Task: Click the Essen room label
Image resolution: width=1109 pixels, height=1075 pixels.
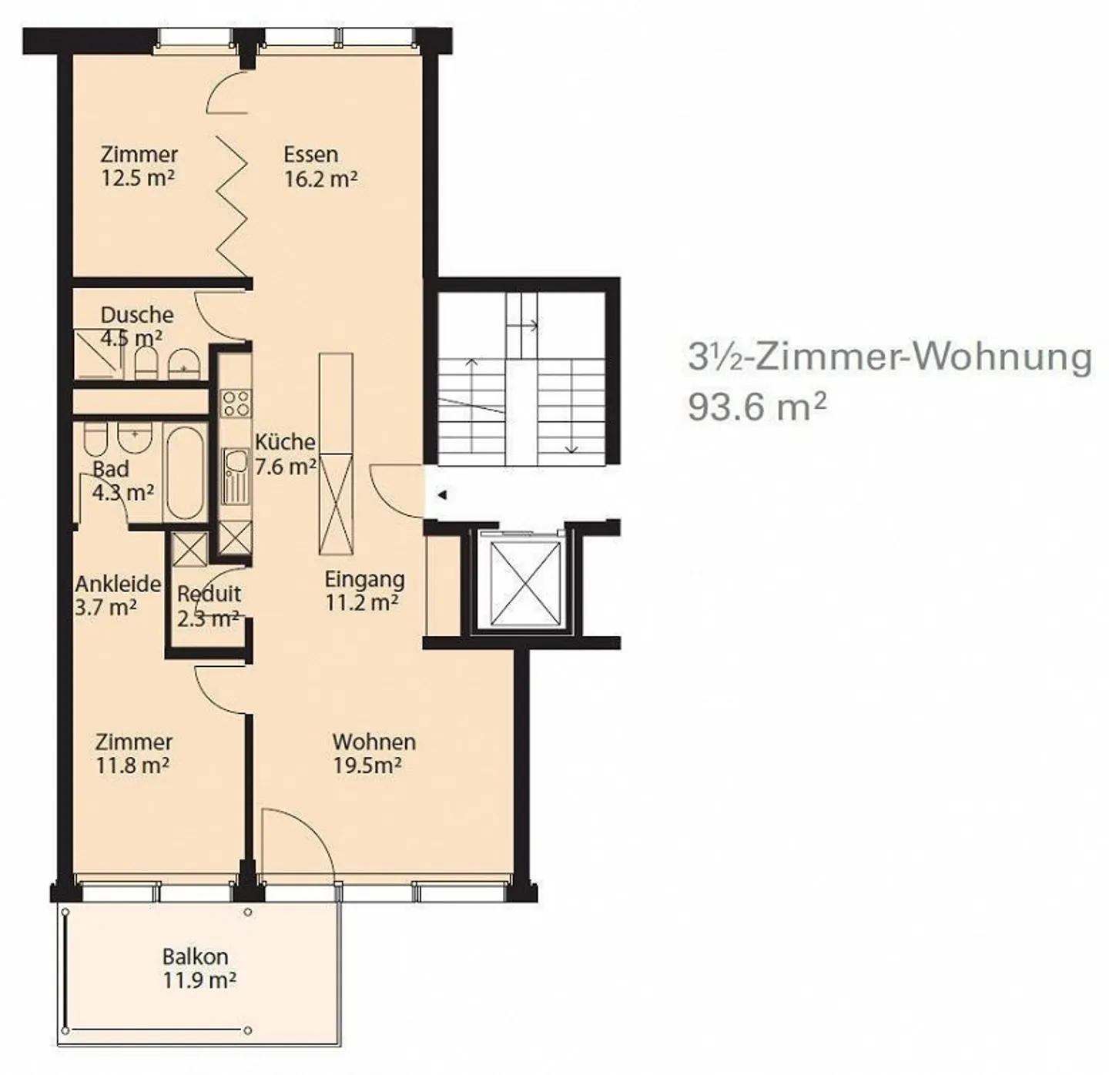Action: point(310,154)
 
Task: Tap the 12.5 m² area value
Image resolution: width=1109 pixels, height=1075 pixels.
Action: point(138,179)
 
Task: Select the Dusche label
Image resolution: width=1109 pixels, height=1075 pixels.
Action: point(137,315)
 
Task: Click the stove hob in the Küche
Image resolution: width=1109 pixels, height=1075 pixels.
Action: point(235,403)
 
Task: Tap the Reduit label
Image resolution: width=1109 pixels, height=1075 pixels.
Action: point(209,594)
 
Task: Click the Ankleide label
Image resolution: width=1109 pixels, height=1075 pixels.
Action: point(118,584)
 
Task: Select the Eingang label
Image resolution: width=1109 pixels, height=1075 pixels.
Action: point(364,579)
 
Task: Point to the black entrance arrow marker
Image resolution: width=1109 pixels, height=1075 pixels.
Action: point(442,495)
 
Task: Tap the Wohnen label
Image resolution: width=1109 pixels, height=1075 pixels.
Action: point(374,742)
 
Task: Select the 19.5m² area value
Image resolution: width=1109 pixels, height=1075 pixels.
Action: point(367,766)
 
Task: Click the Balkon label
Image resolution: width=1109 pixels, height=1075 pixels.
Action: point(195,956)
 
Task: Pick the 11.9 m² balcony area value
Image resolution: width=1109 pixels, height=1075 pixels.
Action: point(199,981)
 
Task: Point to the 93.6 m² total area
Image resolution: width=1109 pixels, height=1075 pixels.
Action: point(757,407)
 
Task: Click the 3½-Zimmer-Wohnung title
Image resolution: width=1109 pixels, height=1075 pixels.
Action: point(890,357)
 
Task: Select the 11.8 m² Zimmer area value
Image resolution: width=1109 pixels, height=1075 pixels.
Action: point(132,766)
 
